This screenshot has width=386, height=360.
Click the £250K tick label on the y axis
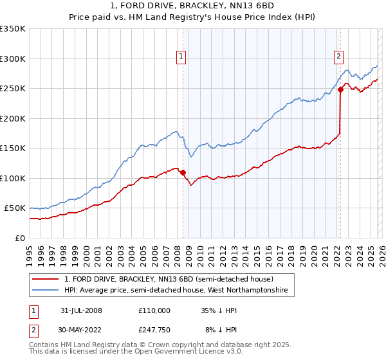13,89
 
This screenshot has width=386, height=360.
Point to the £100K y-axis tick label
13,178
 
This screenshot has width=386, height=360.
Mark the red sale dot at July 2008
183,172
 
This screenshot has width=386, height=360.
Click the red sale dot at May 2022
340,90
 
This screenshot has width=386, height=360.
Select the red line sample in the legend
46,279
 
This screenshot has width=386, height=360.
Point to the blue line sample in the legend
46,291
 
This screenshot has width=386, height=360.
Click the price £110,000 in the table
154,310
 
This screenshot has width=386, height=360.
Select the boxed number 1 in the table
33,310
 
